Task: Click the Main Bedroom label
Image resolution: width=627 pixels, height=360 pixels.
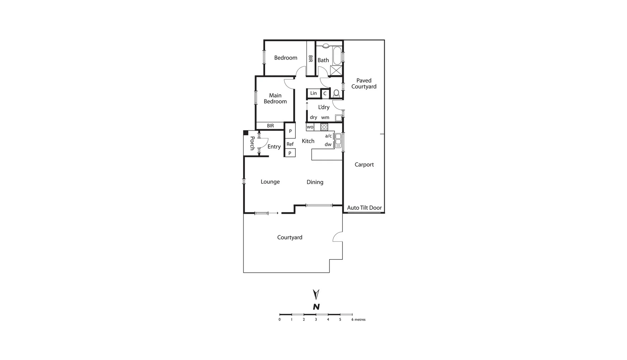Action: [x=275, y=99]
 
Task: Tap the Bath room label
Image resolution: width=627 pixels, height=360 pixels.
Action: [x=323, y=60]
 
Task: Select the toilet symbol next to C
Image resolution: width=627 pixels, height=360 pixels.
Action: [x=336, y=93]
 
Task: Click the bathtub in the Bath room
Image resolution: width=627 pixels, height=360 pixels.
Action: [x=337, y=56]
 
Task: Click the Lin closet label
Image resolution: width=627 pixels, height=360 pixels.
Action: [x=313, y=93]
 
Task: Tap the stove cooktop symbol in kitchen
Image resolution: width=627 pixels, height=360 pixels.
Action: [x=324, y=127]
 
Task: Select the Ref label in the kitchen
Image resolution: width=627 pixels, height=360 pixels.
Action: [x=290, y=144]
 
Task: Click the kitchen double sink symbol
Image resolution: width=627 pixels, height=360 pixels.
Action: [x=338, y=140]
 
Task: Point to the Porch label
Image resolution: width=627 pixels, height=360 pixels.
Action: [x=252, y=143]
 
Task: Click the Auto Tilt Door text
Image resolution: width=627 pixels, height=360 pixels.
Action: [x=364, y=208]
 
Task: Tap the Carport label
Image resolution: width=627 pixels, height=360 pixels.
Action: [x=364, y=165]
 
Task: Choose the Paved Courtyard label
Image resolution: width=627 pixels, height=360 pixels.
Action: [x=364, y=84]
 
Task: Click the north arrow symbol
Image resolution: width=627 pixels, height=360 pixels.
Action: [x=316, y=294]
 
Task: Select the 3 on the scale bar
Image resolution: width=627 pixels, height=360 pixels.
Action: [x=316, y=320]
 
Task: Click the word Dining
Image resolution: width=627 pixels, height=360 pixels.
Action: [x=315, y=182]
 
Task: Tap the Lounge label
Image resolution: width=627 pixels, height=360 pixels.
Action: [x=270, y=182]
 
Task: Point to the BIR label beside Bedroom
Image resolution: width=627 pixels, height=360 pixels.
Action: [x=310, y=59]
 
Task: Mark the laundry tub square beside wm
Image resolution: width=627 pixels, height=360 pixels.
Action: [x=338, y=118]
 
